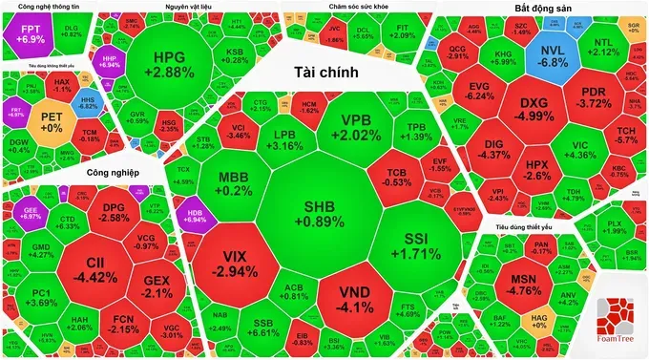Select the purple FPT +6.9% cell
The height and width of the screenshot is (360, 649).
pos(31,34)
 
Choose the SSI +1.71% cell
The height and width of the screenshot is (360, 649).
pos(420,244)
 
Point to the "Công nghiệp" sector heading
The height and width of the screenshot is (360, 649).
pos(113,173)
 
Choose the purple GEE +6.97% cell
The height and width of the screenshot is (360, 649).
pos(31,211)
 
